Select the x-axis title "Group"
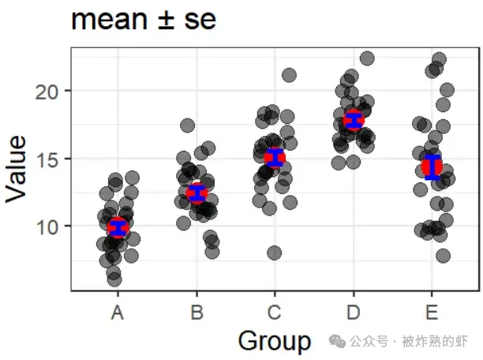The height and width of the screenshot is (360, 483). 275,341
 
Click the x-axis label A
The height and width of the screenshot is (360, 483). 118,313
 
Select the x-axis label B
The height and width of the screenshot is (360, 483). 197,313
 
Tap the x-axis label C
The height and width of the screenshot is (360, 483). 274,313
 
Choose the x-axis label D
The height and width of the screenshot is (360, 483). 353,313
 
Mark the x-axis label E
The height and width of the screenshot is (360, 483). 431,313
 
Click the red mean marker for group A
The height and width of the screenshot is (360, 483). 118,227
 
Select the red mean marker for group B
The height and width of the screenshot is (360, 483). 197,193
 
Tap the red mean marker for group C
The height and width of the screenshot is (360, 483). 274,158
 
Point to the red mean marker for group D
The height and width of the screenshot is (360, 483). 353,120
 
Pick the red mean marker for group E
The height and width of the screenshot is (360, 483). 432,167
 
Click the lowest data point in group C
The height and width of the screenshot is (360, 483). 274,253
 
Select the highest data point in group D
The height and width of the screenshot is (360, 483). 367,58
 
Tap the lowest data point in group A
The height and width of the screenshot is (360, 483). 114,279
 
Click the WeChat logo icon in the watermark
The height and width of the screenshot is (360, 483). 339,341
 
